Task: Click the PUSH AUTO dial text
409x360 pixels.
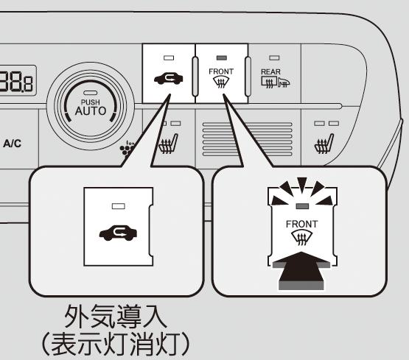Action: pyautogui.click(x=91, y=107)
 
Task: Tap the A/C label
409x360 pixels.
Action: pyautogui.click(x=13, y=144)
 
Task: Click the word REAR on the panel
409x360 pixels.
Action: pyautogui.click(x=270, y=71)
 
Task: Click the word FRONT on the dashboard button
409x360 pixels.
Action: pyautogui.click(x=221, y=71)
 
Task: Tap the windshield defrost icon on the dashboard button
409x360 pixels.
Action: pyautogui.click(x=222, y=82)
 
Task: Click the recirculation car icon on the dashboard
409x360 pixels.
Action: pyautogui.click(x=169, y=78)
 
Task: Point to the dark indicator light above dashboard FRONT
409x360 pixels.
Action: pyautogui.click(x=222, y=58)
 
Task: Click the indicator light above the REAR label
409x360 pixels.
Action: pyautogui.click(x=274, y=58)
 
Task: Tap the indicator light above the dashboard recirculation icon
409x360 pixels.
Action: pyautogui.click(x=169, y=58)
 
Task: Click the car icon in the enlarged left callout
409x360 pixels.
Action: pyautogui.click(x=118, y=233)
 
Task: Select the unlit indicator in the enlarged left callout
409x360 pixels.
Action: pyautogui.click(x=119, y=206)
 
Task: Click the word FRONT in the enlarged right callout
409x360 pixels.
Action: pyautogui.click(x=302, y=224)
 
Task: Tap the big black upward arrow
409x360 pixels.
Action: pyautogui.click(x=301, y=270)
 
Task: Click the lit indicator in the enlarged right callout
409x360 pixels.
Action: pyautogui.click(x=302, y=206)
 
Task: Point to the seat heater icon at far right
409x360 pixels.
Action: pyautogui.click(x=324, y=144)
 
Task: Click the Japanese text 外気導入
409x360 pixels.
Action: pyautogui.click(x=116, y=316)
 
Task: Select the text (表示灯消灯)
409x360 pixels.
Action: pyautogui.click(x=116, y=344)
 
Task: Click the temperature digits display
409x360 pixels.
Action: pyautogui.click(x=16, y=80)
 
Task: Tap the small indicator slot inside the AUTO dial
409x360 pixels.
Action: pyautogui.click(x=90, y=93)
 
